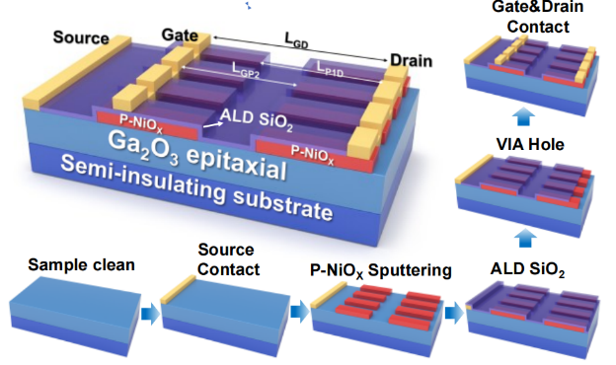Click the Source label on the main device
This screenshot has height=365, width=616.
click(81, 37)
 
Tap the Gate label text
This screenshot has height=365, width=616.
click(180, 35)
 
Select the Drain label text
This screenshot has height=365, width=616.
click(411, 61)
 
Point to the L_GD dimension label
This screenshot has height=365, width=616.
click(296, 40)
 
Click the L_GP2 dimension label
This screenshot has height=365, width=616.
click(246, 70)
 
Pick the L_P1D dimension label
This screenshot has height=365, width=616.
click(330, 69)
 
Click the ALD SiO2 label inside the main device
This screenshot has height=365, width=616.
click(257, 119)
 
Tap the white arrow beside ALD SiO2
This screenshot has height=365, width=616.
click(211, 124)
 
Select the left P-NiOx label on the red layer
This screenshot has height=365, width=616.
click(141, 122)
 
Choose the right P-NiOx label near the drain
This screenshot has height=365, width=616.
click(312, 154)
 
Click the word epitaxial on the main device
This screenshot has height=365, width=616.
click(237, 163)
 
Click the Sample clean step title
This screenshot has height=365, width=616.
click(81, 265)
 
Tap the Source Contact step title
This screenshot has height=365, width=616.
click(227, 259)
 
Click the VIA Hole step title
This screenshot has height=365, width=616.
click(530, 144)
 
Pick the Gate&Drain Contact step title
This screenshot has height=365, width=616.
click(537, 18)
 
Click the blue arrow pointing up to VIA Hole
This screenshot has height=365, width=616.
click(525, 237)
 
